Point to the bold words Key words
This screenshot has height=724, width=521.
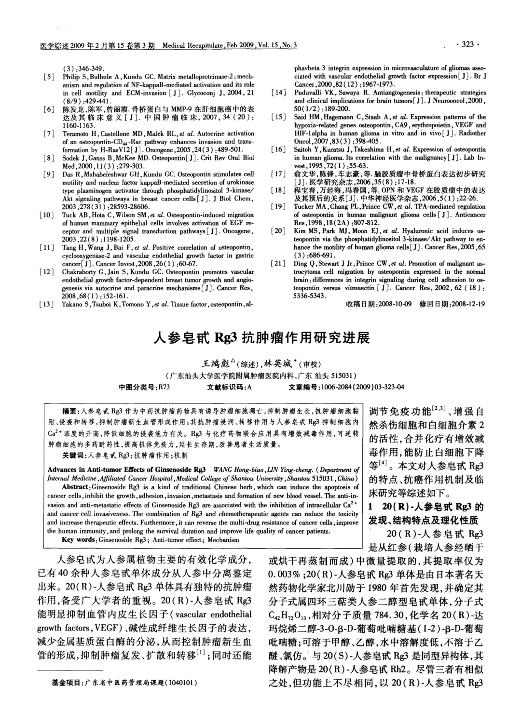tap(79, 540)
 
